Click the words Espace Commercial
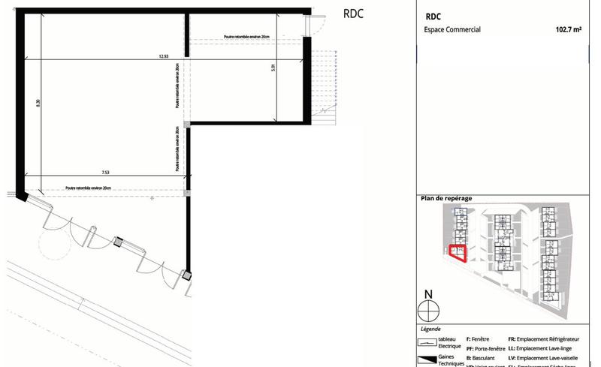(x=453, y=31)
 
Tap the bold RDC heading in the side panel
(x=433, y=16)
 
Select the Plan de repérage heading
(x=446, y=198)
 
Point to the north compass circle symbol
(x=427, y=308)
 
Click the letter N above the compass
(x=427, y=294)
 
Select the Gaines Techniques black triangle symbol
(x=428, y=359)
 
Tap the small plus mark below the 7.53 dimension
(x=153, y=197)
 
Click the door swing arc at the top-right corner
(x=319, y=24)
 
